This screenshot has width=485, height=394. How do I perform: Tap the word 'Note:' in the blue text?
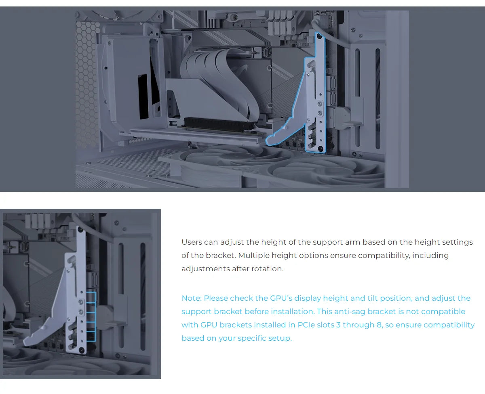pyautogui.click(x=191, y=298)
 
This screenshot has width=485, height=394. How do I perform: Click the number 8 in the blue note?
pyautogui.click(x=379, y=325)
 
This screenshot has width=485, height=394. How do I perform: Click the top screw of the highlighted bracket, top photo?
pyautogui.click(x=320, y=37)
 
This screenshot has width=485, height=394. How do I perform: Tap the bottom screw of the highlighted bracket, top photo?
pyautogui.click(x=320, y=149)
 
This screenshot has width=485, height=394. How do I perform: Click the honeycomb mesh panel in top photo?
pyautogui.click(x=87, y=81)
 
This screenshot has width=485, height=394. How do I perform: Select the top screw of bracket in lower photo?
pyautogui.click(x=81, y=230)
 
